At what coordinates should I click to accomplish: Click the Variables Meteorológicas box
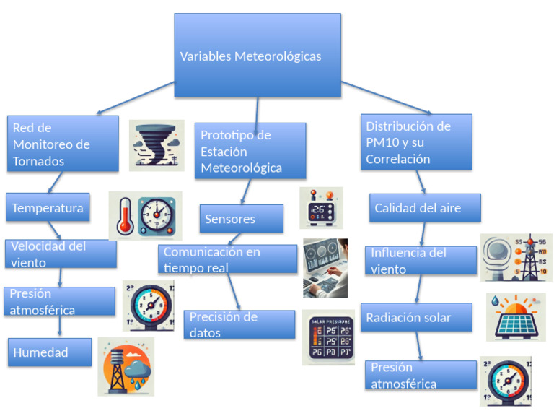258,56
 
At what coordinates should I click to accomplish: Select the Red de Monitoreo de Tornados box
63,144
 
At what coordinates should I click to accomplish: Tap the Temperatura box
48,207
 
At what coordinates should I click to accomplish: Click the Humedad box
50,352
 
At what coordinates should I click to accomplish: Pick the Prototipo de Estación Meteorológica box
250,152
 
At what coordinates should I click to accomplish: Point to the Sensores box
241,218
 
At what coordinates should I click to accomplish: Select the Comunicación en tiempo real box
227,259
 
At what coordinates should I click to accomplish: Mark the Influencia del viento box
423,261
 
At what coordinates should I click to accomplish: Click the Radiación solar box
416,317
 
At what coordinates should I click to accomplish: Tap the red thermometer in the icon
126,215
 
